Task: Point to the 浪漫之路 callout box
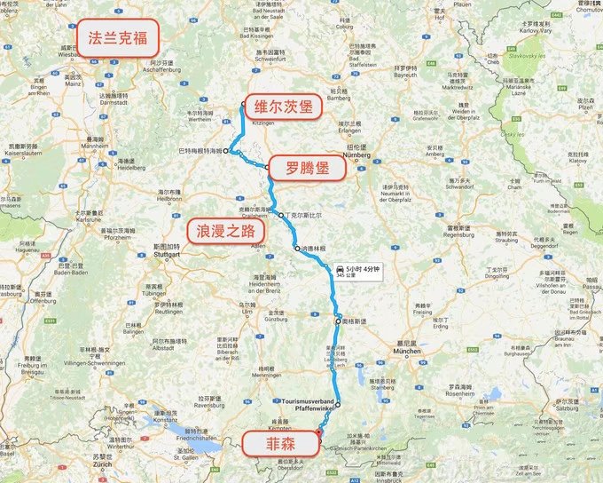coord(225,231)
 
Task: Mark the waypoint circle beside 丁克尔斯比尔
coord(281,216)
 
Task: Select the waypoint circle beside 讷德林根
coord(298,249)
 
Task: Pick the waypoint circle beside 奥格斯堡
coord(337,320)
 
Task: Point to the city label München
coord(407,352)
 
